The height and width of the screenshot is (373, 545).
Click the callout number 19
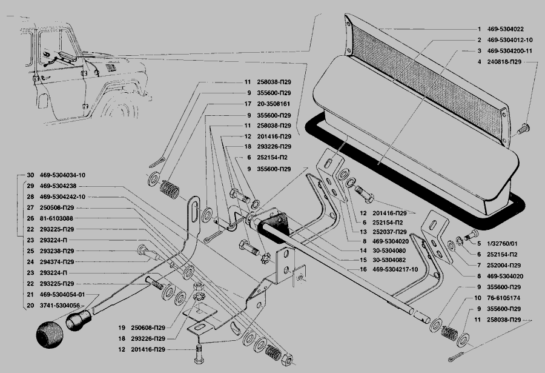(x=122, y=328)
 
